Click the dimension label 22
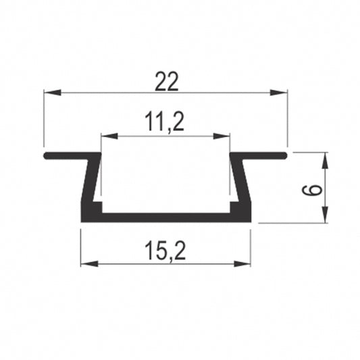click(165, 82)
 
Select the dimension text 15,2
click(165, 251)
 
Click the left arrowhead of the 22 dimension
click(49, 93)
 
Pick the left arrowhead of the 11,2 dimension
click(107, 136)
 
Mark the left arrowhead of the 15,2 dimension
click(86, 263)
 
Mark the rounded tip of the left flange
click(46, 155)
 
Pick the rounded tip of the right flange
click(286, 155)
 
